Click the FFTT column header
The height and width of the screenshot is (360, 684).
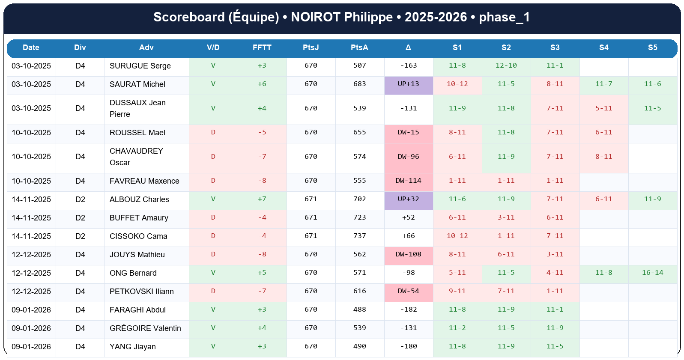(262, 48)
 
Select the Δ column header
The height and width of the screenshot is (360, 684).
(408, 48)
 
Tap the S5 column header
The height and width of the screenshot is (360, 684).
(652, 48)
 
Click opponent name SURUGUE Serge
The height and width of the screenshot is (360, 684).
(140, 66)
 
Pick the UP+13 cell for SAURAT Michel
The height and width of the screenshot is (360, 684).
(408, 84)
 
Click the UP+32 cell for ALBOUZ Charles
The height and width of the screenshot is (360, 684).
(408, 199)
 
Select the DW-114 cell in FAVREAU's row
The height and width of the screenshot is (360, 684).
(408, 181)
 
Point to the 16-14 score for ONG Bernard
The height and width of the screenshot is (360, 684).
(652, 273)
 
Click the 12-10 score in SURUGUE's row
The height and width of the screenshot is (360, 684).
(506, 65)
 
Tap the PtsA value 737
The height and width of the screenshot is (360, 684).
(359, 236)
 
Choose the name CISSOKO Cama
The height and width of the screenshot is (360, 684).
(138, 236)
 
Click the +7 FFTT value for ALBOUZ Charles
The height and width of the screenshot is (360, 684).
(262, 199)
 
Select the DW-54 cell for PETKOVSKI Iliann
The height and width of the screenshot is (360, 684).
(408, 291)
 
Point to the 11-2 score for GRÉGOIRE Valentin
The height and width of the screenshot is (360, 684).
(457, 328)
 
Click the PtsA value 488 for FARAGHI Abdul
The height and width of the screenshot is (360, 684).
(359, 309)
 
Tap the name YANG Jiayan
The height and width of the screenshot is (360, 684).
(132, 347)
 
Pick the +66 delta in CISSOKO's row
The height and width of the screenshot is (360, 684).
(408, 236)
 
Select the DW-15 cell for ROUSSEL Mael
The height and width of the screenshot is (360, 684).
(408, 132)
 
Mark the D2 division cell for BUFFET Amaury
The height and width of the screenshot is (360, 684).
(80, 218)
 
